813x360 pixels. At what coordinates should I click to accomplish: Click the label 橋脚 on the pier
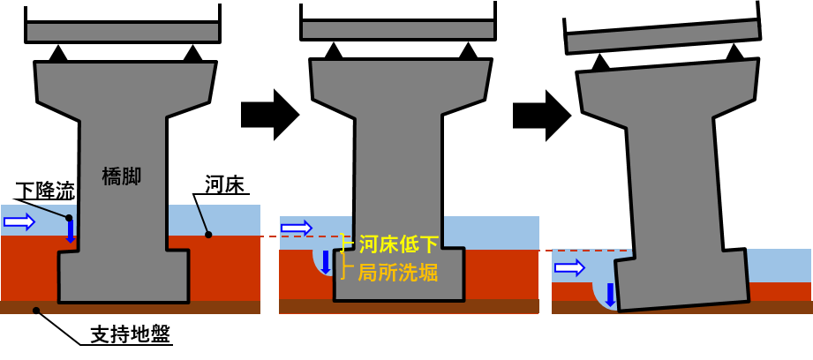[122, 178]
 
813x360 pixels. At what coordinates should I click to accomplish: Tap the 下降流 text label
[45, 191]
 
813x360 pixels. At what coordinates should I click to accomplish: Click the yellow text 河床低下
[398, 245]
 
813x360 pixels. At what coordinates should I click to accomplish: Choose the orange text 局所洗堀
[398, 273]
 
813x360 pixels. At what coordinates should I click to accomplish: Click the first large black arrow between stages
[270, 115]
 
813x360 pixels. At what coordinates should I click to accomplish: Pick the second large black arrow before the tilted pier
[542, 115]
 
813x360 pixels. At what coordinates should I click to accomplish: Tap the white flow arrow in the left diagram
[19, 222]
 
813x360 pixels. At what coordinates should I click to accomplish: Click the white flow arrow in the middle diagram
[297, 228]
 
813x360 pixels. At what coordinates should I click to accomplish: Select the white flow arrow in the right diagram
[570, 268]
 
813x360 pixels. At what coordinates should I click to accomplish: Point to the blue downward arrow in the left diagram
[71, 231]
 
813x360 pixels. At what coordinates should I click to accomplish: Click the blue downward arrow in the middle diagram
[326, 262]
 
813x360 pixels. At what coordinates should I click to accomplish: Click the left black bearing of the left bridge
[58, 54]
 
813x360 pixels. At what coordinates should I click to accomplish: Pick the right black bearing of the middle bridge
[468, 51]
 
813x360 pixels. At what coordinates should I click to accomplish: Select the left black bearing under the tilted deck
[600, 62]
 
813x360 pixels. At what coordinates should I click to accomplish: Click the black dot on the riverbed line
[208, 235]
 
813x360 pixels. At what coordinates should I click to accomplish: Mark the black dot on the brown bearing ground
[36, 311]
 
